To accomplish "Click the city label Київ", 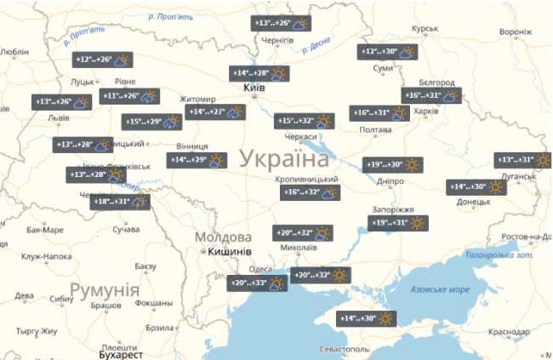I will pyautogui.click(x=254, y=89).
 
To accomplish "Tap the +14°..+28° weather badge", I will pyautogui.click(x=261, y=74).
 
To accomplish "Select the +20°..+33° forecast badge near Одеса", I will pyautogui.click(x=258, y=283).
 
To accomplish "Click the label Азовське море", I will pyautogui.click(x=440, y=289).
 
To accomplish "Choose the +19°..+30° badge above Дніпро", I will pyautogui.click(x=396, y=164).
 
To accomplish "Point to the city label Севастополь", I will pyautogui.click(x=339, y=349).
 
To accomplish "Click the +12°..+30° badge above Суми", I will pyautogui.click(x=388, y=53).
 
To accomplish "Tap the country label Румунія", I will pyautogui.click(x=104, y=291).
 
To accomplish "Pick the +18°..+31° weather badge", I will pyautogui.click(x=121, y=202).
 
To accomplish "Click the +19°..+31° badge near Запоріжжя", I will pyautogui.click(x=397, y=223).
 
